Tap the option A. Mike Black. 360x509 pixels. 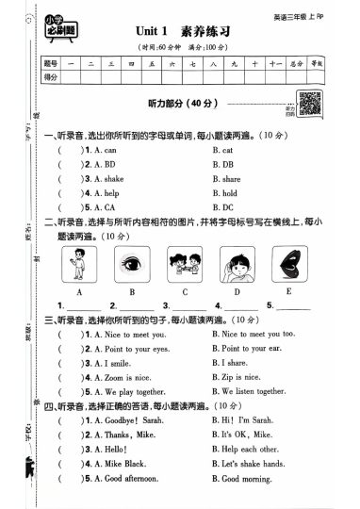pyautogui.click(x=108, y=463)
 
